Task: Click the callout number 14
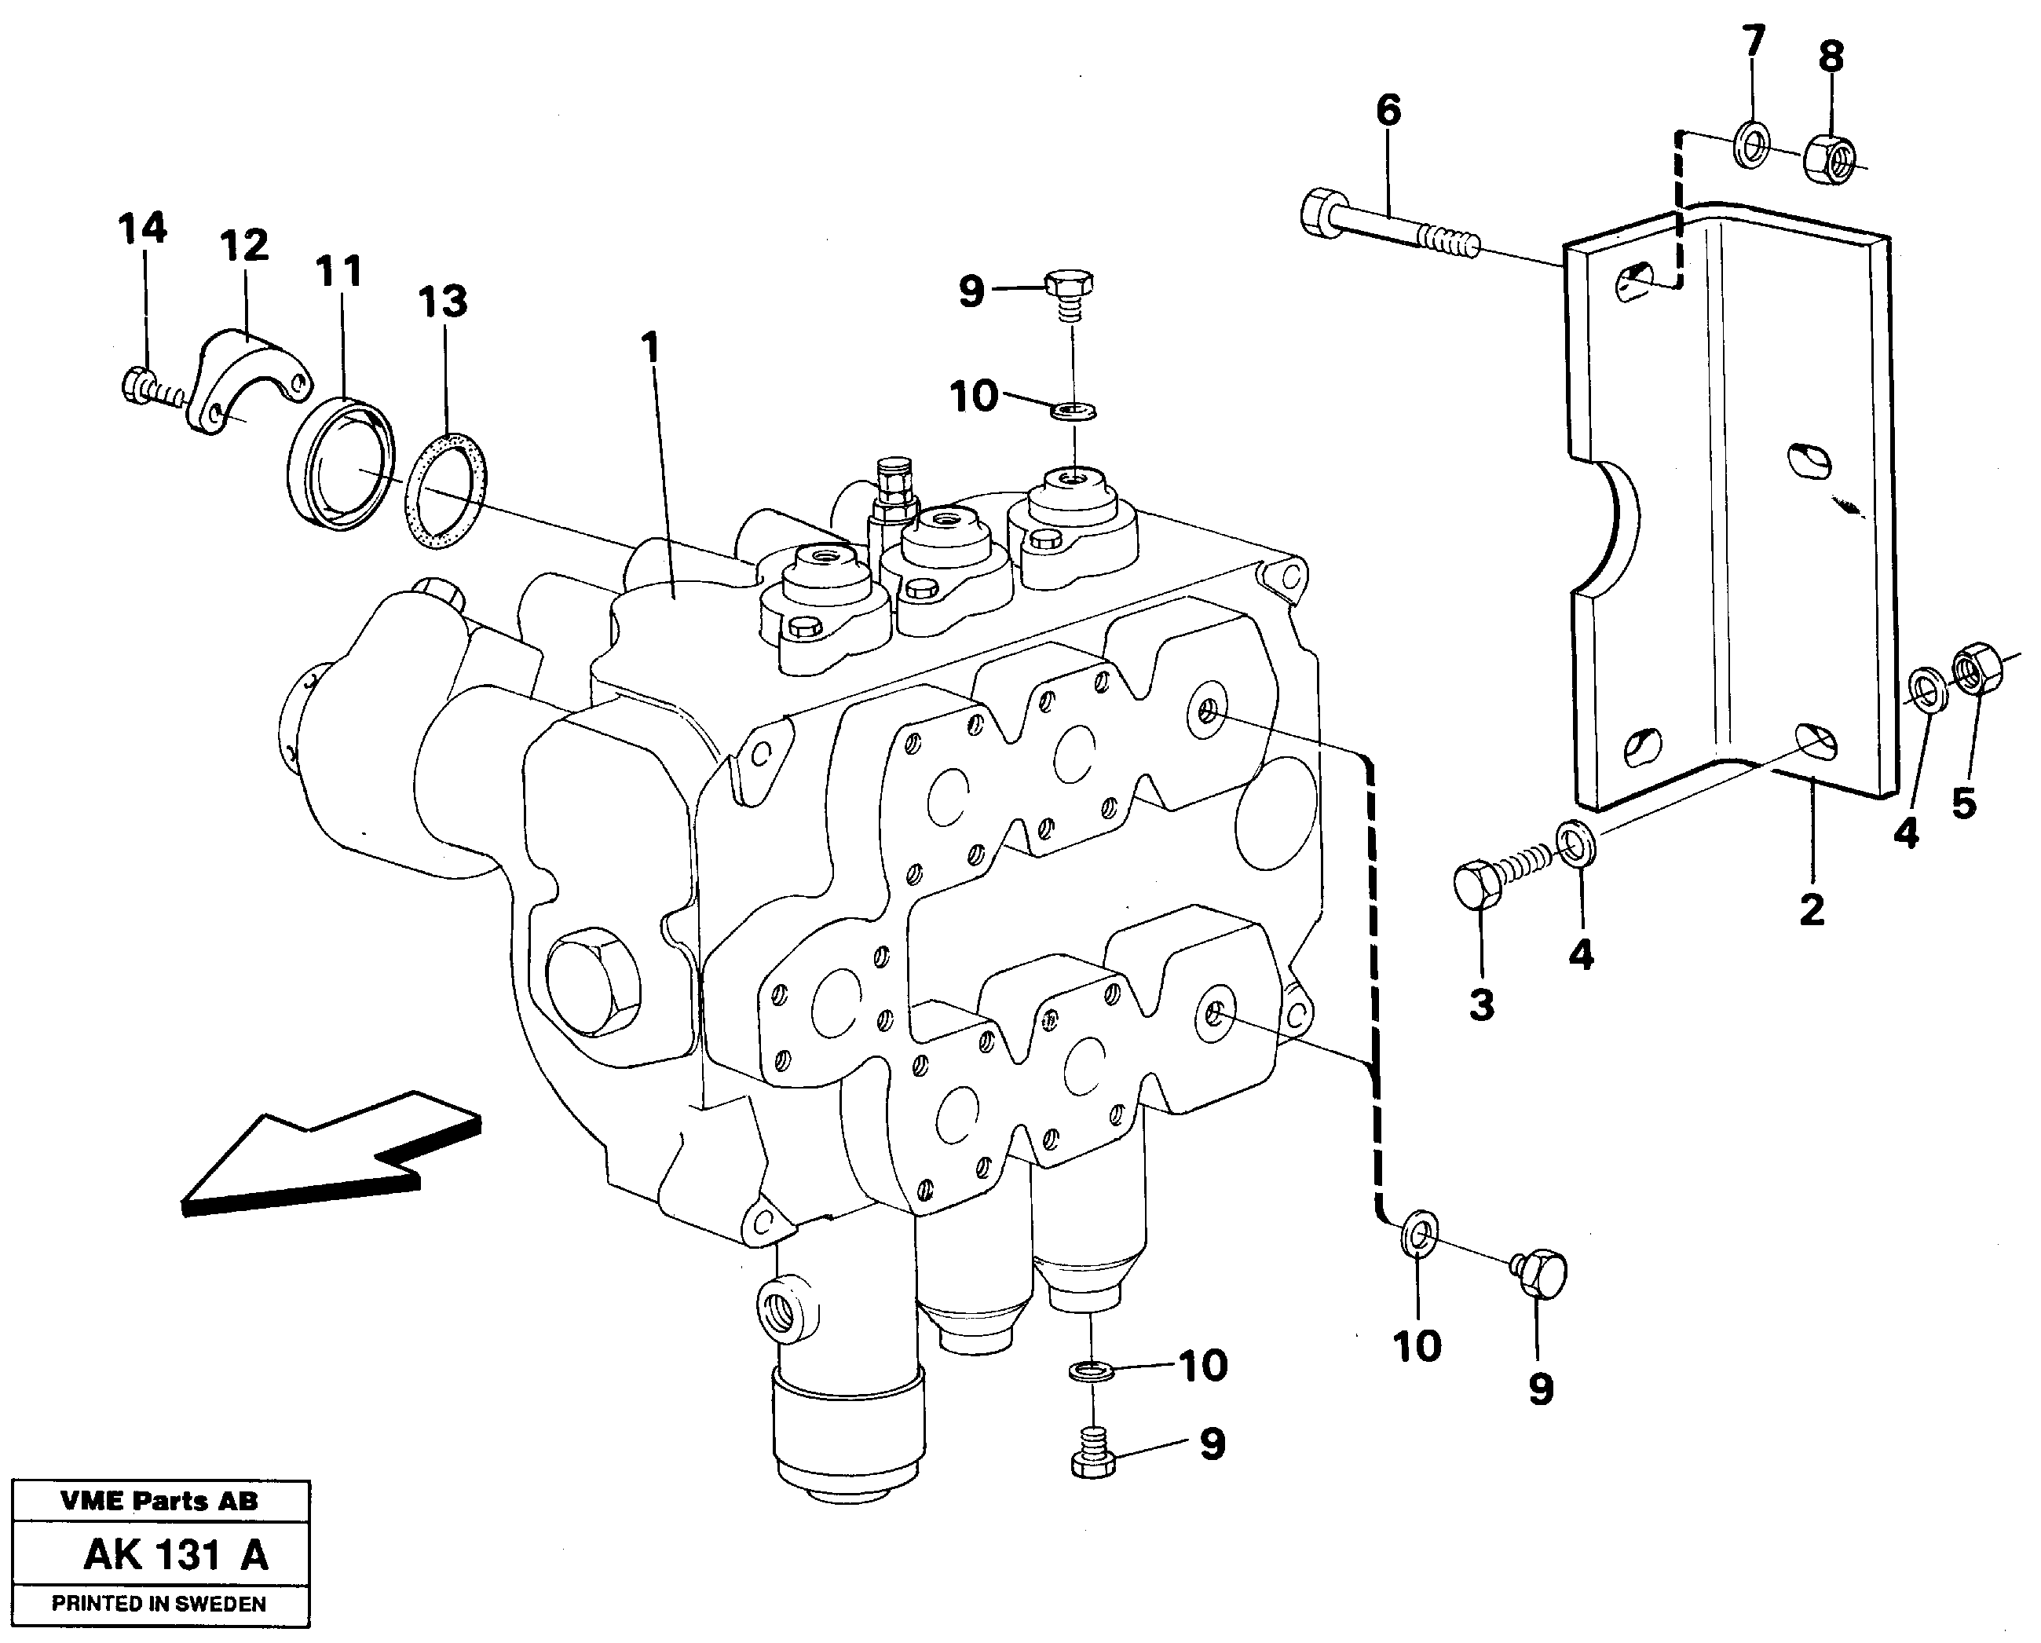click(x=143, y=229)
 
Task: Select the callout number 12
click(x=244, y=246)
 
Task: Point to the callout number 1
click(x=649, y=348)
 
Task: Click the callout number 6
click(x=1388, y=111)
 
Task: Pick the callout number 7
click(x=1754, y=42)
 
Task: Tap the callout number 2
click(x=1811, y=910)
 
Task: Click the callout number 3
click(x=1482, y=1004)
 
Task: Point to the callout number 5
click(x=1964, y=804)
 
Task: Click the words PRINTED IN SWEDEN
click(x=159, y=1605)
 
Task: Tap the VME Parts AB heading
click(x=159, y=1501)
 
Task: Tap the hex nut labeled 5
click(x=1977, y=668)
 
